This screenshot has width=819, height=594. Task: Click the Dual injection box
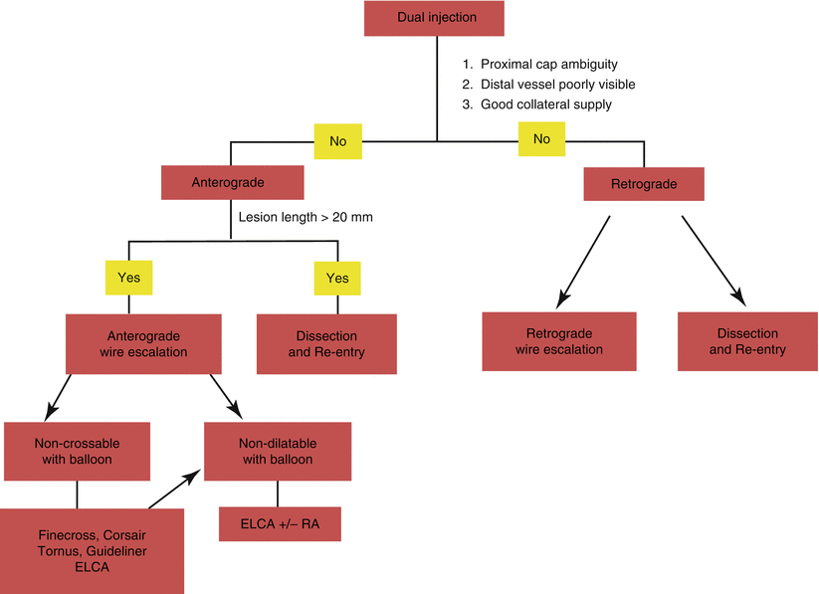436,18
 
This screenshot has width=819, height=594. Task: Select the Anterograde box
232,182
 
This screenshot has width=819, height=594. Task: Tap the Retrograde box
643,184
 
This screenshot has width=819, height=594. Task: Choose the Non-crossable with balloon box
77,451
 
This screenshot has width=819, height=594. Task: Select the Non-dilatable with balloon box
277,451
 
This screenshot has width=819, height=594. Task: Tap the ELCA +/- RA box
280,523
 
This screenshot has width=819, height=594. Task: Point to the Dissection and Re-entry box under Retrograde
747,341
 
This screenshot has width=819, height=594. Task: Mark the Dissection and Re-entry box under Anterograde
326,343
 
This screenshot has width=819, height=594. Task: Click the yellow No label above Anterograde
337,141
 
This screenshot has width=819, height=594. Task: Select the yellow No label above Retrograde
541,139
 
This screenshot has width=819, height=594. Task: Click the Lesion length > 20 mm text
306,216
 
